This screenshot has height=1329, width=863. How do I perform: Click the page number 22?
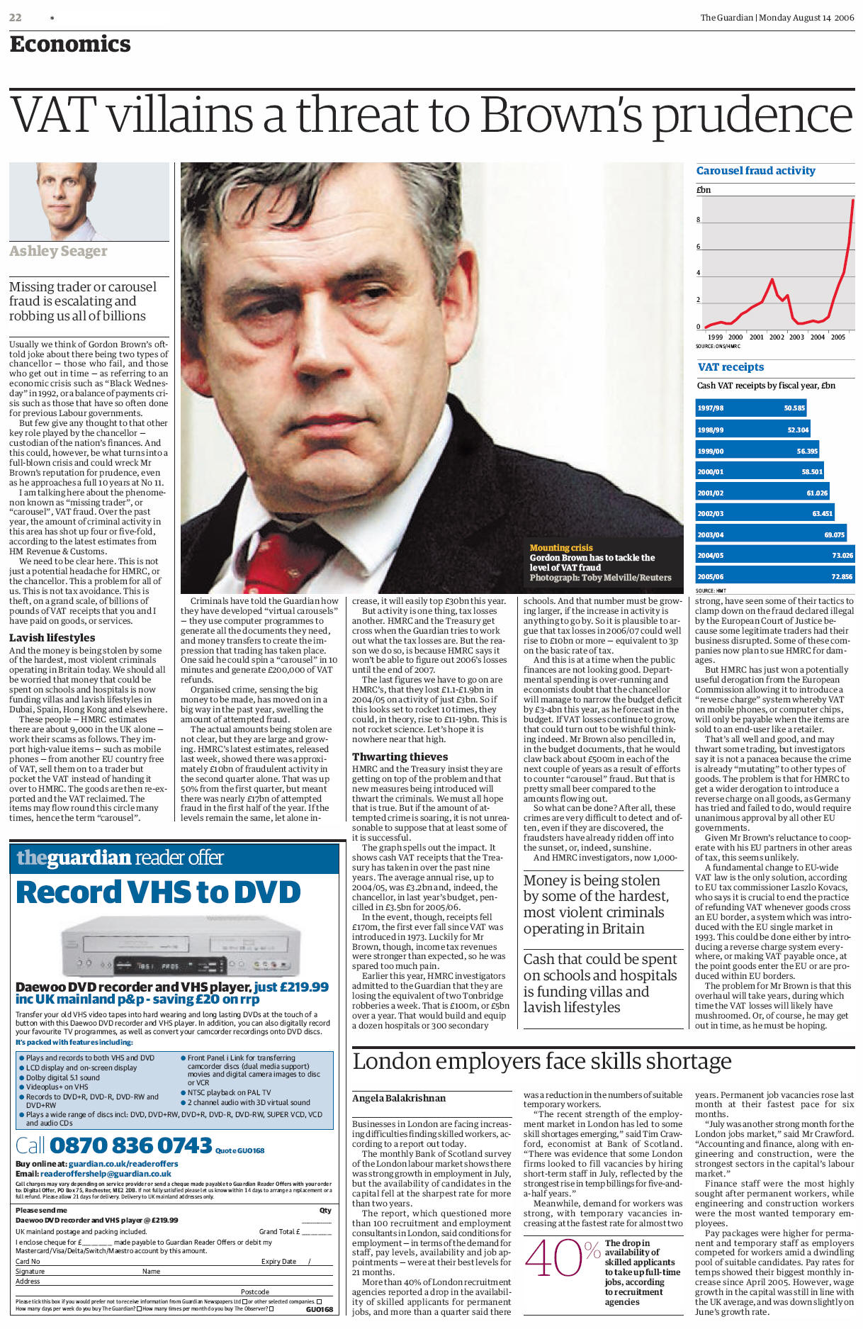pos(15,18)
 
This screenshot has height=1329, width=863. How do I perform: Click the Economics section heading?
pos(70,44)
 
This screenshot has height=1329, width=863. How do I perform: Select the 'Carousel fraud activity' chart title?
pos(755,171)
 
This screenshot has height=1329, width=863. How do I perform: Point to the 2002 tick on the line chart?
pos(777,337)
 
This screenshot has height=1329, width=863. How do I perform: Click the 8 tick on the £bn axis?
pos(698,220)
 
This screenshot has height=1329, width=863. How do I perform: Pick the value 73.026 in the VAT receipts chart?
pos(842,556)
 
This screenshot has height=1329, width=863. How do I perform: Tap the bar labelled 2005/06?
pos(774,576)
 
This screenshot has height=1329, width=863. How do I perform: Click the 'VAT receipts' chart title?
pos(731,367)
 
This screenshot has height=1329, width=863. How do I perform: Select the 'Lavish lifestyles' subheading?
pos(52,638)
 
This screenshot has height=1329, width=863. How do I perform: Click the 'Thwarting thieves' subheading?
pos(400,757)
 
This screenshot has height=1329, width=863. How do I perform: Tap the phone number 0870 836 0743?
pos(131,1145)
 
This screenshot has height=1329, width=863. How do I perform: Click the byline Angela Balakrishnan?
pos(399,1099)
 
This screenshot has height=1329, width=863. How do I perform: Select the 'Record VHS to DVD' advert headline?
pos(158,892)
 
